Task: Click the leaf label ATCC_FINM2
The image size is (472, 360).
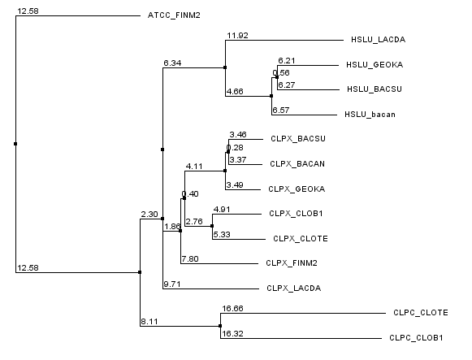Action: tap(174, 15)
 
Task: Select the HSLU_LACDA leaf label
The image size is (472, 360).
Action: tap(378, 40)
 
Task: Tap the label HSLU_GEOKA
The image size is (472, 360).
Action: tap(375, 65)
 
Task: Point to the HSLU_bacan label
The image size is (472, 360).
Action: tap(370, 115)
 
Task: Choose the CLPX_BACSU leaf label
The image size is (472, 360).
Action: tap(298, 139)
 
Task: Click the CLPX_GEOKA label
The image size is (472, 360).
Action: tap(297, 189)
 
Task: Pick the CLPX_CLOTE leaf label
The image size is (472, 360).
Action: tap(301, 239)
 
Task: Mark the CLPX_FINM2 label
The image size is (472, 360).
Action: tap(292, 263)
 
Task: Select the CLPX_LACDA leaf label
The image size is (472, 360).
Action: tap(294, 288)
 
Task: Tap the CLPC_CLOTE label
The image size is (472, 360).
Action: tap(421, 313)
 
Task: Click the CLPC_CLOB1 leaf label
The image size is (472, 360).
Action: tap(416, 338)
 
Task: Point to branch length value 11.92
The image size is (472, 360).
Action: tap(237, 36)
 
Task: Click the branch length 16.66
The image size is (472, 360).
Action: tap(232, 309)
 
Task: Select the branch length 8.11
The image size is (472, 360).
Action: tap(149, 322)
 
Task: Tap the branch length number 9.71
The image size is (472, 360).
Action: tap(172, 284)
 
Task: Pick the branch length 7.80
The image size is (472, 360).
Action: tap(190, 259)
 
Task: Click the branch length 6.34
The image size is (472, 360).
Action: tap(172, 63)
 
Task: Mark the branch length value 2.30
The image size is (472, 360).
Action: tap(149, 215)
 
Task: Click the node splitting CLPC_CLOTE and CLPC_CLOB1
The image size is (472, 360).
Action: tap(220, 326)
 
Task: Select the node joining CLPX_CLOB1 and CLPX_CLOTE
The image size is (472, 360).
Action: tap(212, 226)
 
